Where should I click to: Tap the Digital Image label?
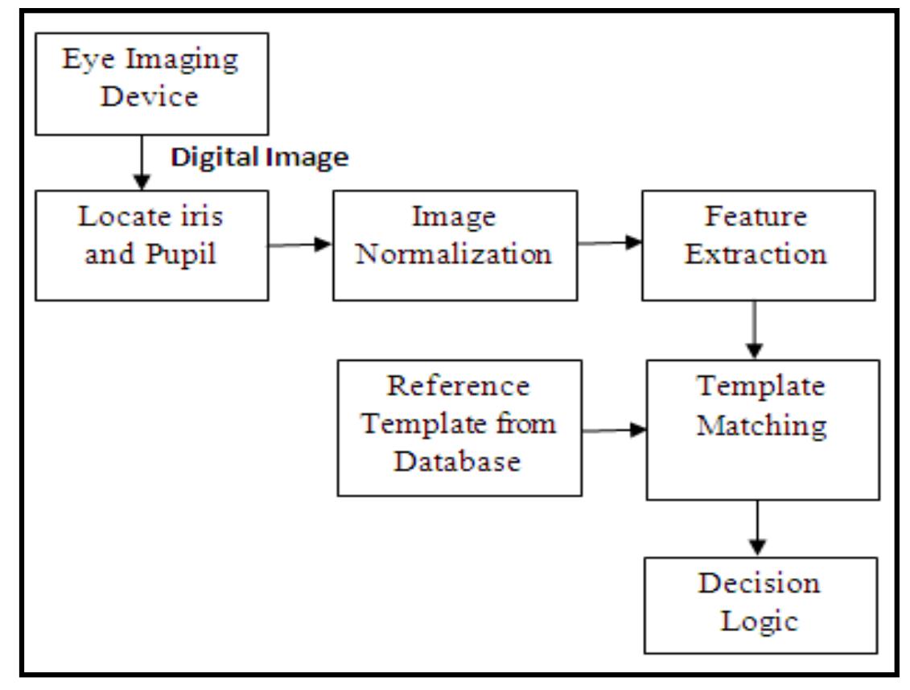pos(259,158)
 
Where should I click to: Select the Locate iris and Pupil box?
pos(151,245)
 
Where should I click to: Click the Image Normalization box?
pos(455,245)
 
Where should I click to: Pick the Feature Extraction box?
pos(756,245)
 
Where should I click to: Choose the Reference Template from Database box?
pos(459,427)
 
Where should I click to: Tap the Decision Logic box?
pos(760,605)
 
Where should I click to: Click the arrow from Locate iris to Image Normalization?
pos(300,244)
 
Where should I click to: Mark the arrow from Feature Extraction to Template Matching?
pos(754,329)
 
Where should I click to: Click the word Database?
pos(459,461)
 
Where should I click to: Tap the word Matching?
pos(761,424)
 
